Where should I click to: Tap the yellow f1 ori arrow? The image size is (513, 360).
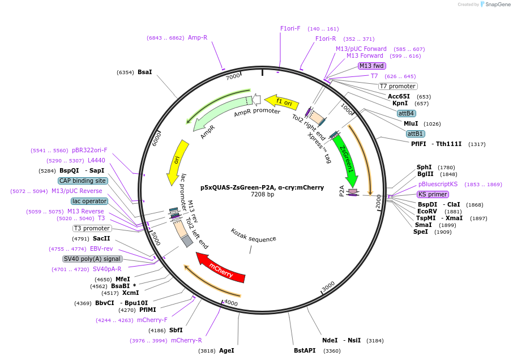point(281,102)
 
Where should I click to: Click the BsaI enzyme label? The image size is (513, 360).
point(144,72)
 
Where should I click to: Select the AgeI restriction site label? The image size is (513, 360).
point(226,351)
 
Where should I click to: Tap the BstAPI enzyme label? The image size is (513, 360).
point(305,351)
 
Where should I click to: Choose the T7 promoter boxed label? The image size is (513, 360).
point(397,86)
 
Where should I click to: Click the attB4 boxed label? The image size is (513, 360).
point(406,113)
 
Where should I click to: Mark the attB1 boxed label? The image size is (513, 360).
point(416,134)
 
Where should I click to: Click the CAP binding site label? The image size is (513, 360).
point(83,181)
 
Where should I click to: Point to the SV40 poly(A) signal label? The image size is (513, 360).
point(92,259)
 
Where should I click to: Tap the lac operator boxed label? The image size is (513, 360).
point(89,201)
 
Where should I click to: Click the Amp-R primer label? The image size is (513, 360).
point(197,37)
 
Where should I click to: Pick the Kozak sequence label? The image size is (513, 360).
point(253,235)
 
